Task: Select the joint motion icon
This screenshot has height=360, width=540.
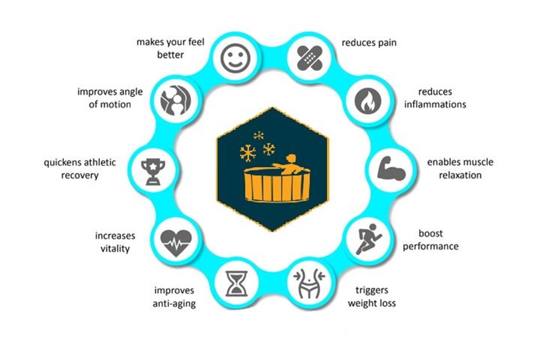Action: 174,100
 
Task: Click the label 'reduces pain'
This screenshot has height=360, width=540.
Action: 369,43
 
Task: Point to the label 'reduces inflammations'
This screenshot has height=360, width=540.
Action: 435,98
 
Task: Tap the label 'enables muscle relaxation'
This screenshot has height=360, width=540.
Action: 460,169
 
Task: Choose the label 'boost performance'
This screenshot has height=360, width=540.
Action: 431,239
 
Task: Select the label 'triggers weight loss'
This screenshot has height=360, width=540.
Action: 372,296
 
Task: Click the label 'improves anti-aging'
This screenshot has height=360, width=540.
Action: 174,297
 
